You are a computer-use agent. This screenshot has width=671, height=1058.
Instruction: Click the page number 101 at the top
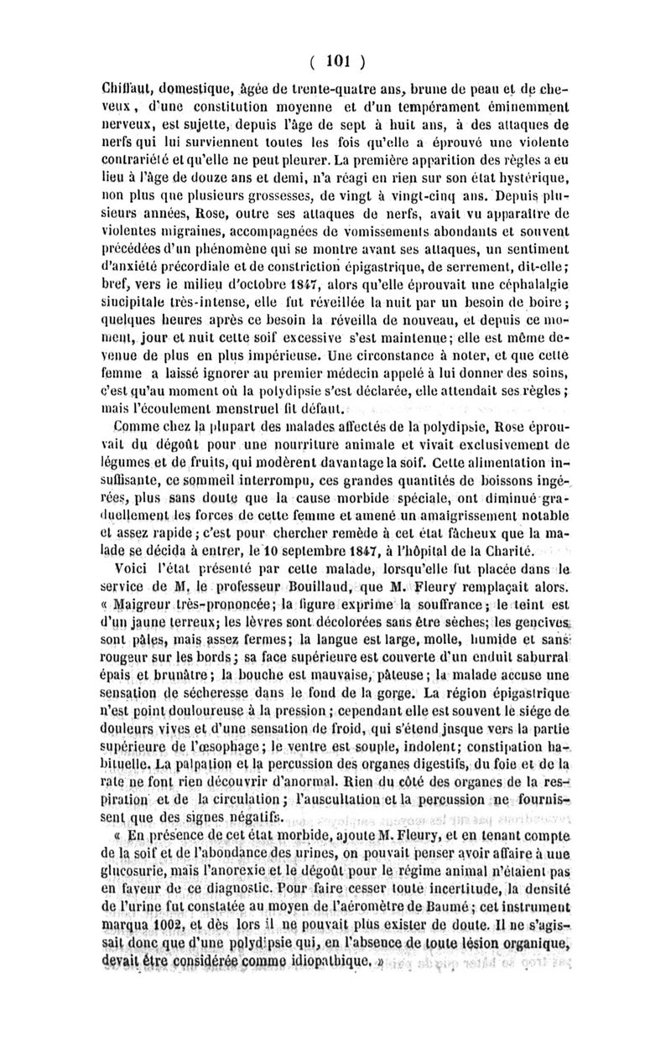click(x=335, y=61)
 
